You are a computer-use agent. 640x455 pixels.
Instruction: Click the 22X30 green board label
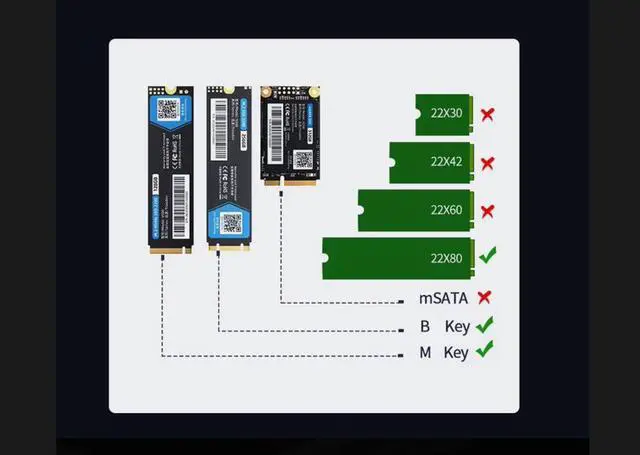[x=445, y=115]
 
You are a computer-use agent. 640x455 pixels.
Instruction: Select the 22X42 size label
[x=445, y=162]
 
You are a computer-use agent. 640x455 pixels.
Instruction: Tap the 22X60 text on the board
[x=445, y=210]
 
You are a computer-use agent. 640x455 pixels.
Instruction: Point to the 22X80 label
[x=445, y=258]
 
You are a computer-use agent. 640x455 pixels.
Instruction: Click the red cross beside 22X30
[x=487, y=114]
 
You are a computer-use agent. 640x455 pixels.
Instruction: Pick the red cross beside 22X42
[x=487, y=162]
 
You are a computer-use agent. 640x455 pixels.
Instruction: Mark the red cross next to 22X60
[x=487, y=210]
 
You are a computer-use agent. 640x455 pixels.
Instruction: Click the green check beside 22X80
[x=487, y=257]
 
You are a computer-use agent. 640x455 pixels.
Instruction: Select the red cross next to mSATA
[x=485, y=297]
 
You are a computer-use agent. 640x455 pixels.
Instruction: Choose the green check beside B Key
[x=485, y=325]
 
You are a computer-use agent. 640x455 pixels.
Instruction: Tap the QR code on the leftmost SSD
[x=168, y=109]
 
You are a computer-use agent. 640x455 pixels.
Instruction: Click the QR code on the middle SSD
[x=231, y=223]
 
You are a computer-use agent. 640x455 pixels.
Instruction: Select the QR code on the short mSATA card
[x=303, y=159]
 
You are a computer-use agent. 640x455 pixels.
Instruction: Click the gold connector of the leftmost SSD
[x=169, y=252]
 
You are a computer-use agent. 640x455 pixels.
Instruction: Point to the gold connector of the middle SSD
[x=228, y=245]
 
